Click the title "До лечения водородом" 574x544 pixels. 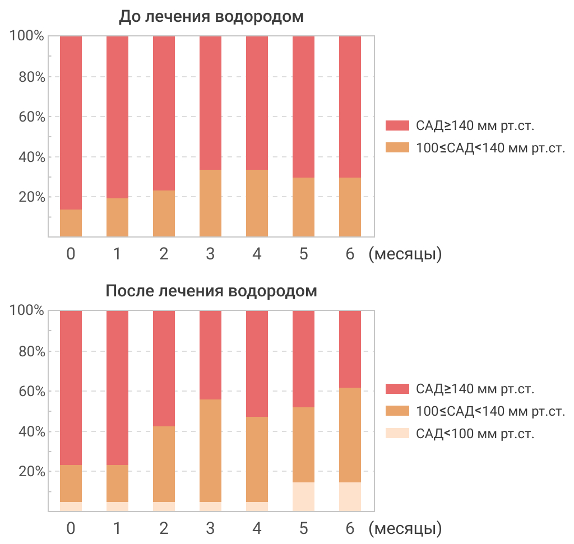point(211,17)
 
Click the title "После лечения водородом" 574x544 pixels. point(211,291)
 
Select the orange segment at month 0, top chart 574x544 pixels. point(71,223)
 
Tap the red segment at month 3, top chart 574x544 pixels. point(211,103)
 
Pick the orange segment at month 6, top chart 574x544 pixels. point(350,207)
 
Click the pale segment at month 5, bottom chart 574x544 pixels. point(304,497)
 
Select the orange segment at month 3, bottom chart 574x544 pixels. point(211,450)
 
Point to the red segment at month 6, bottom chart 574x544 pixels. point(350,349)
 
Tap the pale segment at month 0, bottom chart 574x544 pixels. point(71,506)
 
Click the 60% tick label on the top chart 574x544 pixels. point(27,117)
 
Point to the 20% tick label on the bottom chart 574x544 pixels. point(27,472)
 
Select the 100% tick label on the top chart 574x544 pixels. point(27,36)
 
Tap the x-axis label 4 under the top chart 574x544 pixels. point(257,254)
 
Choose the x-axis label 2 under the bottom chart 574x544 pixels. point(164,528)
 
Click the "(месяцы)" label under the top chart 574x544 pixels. point(405,254)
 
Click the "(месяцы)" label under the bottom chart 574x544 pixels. point(405,528)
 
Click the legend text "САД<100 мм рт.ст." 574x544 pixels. point(475,434)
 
